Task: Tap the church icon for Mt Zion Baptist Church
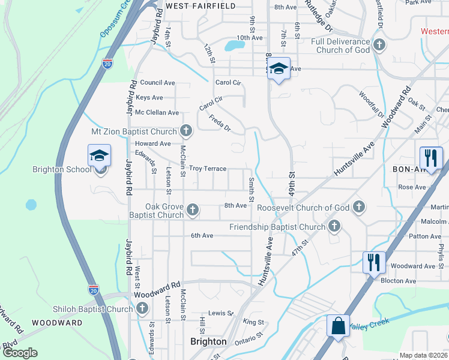[186, 131]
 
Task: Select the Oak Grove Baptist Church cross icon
[192, 209]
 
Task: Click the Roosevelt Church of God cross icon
[358, 207]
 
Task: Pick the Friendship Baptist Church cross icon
[334, 226]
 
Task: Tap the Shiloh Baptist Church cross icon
[142, 308]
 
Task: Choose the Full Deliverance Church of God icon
[379, 45]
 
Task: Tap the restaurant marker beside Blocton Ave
[373, 262]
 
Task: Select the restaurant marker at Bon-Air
[430, 158]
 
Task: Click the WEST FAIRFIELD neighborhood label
[200, 5]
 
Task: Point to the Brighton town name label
[208, 341]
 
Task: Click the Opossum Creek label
[116, 21]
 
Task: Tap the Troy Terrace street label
[208, 169]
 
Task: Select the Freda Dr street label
[220, 121]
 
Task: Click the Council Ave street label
[157, 82]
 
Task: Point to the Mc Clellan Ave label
[157, 112]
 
